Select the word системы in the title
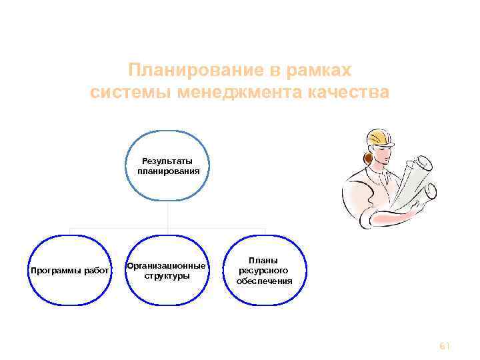click(x=130, y=92)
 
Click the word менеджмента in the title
click(x=238, y=92)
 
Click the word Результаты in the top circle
click(x=167, y=161)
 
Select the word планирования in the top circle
click(x=168, y=171)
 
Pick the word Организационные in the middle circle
click(x=166, y=266)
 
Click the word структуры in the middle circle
click(x=167, y=275)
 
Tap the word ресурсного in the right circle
click(x=264, y=271)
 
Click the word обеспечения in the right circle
click(x=264, y=281)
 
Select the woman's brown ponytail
click(x=366, y=159)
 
